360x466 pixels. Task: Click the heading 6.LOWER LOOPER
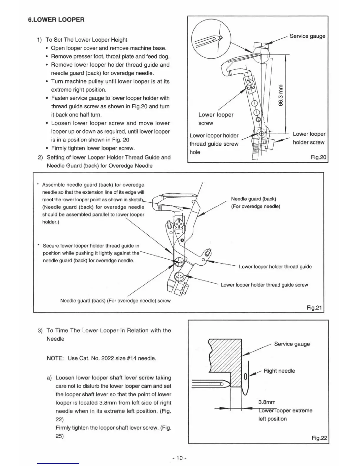tap(56, 20)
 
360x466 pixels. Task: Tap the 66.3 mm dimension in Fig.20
tap(281, 95)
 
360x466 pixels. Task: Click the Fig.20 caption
tap(318, 157)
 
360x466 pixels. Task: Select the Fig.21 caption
tap(314, 308)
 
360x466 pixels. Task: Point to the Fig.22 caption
tap(319, 438)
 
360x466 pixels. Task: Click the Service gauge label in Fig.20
tap(307, 36)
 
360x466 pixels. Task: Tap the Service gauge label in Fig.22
tap(292, 344)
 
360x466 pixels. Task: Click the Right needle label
tap(279, 371)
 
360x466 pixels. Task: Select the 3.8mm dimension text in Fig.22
tap(267, 402)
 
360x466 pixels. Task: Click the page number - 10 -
tap(180, 458)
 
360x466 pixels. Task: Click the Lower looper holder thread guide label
tap(275, 267)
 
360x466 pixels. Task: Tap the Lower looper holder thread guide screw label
tap(264, 285)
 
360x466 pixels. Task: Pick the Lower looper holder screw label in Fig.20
tap(309, 138)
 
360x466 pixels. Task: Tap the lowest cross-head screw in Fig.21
tap(179, 277)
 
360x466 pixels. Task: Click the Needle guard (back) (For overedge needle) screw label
tap(115, 301)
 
